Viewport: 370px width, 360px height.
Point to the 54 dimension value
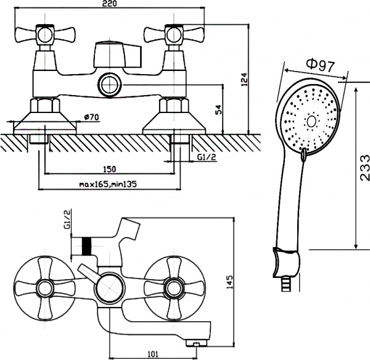[218, 109]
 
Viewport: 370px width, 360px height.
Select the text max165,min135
[109, 184]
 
